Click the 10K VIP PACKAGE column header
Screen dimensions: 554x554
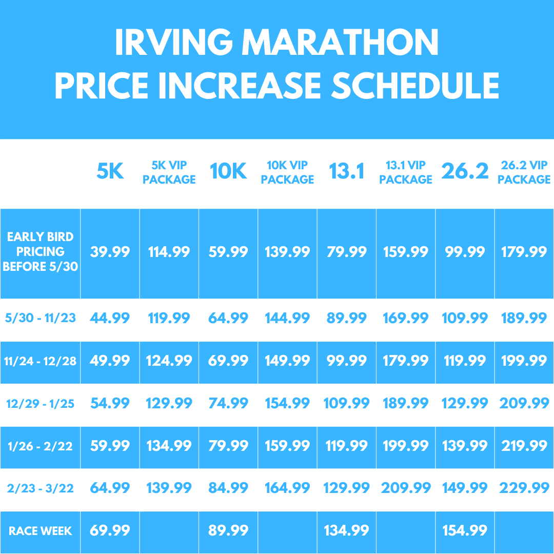[287, 172]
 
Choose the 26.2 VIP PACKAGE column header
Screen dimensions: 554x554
[524, 172]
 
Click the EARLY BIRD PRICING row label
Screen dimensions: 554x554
[40, 252]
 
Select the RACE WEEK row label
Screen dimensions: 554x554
[40, 531]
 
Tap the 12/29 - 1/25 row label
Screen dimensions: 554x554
[40, 404]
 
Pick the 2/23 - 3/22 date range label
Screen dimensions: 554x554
[40, 488]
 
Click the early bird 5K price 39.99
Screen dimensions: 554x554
[110, 252]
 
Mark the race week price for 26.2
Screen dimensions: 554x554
[464, 530]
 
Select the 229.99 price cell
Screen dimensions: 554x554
[524, 488]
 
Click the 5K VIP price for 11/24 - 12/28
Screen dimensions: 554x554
[169, 361]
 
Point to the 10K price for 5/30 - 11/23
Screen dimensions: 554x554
[228, 318]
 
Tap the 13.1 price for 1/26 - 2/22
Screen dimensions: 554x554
[346, 446]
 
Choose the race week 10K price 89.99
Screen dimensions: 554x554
[228, 530]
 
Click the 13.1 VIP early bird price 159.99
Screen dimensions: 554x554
[405, 252]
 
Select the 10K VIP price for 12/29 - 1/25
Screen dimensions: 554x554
[287, 403]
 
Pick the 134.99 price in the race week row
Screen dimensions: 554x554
[346, 530]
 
